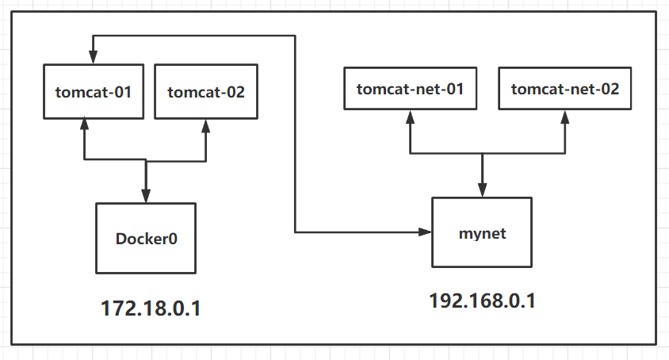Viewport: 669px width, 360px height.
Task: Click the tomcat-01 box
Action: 93,92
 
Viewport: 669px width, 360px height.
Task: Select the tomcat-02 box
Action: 206,92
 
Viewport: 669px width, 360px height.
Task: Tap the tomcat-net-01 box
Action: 410,88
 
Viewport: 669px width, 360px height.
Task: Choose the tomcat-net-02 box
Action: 564,88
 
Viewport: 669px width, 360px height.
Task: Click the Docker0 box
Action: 146,238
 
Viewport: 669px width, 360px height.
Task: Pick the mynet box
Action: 482,233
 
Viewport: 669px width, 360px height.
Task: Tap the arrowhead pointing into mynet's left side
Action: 426,232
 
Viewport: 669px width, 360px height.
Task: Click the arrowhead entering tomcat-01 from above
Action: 93,58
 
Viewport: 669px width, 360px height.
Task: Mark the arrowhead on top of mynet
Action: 482,190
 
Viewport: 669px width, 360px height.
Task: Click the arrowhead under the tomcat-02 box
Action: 206,125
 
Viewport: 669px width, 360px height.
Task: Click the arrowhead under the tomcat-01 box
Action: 82,125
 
